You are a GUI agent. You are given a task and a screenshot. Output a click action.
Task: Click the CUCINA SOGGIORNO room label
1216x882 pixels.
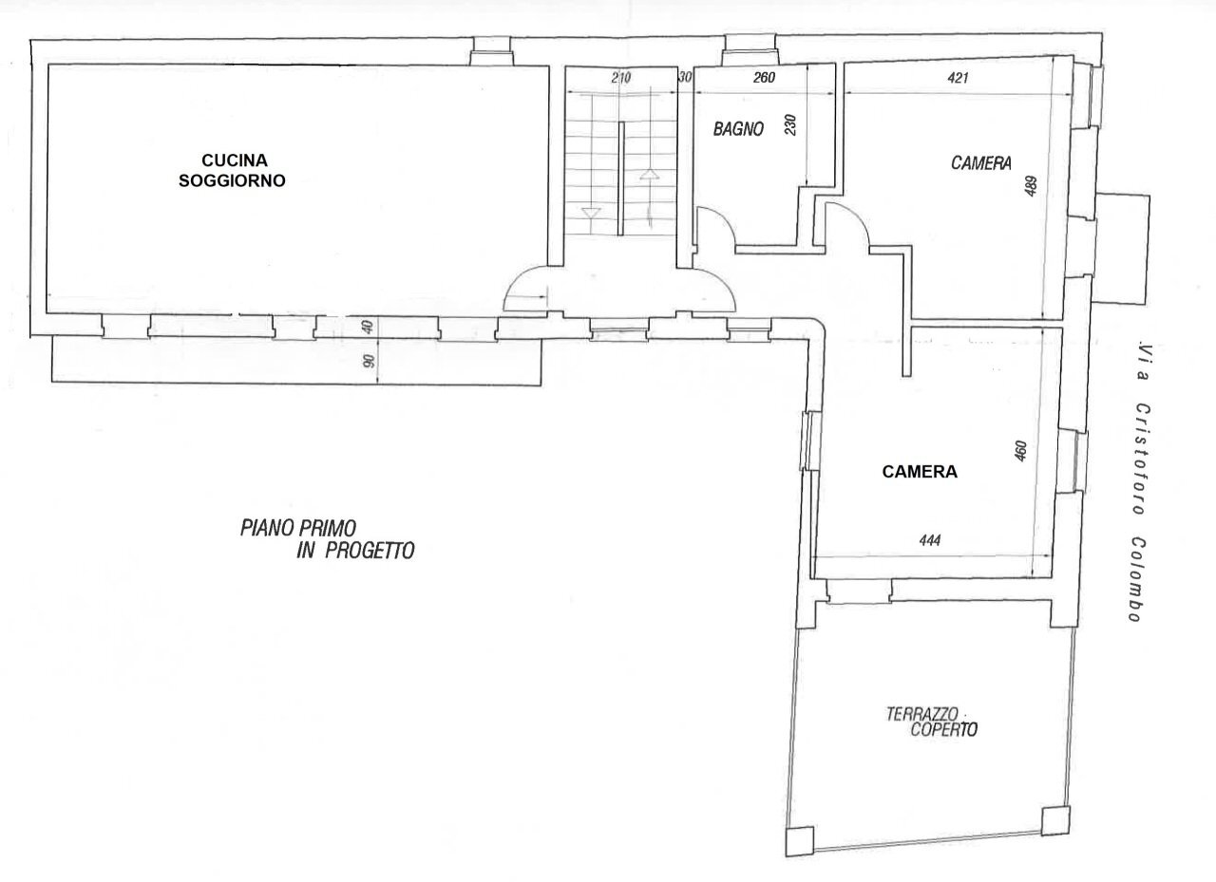232,170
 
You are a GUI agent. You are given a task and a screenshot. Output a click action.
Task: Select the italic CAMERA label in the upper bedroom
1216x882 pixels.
979,163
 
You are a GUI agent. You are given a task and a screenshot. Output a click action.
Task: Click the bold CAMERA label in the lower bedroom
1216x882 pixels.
919,471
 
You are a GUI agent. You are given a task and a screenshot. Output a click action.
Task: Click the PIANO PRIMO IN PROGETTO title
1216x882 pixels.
326,538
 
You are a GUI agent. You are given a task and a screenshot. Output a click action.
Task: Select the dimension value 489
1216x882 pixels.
1031,186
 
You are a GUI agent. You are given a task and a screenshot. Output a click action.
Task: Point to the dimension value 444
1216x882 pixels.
930,540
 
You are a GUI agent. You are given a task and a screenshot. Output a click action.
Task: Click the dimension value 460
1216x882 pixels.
1020,450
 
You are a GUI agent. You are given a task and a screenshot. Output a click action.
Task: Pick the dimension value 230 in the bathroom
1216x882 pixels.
790,125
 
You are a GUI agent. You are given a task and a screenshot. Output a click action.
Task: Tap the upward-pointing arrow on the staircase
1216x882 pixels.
650,175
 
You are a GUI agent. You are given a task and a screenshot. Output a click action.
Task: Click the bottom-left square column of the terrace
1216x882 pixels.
800,840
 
